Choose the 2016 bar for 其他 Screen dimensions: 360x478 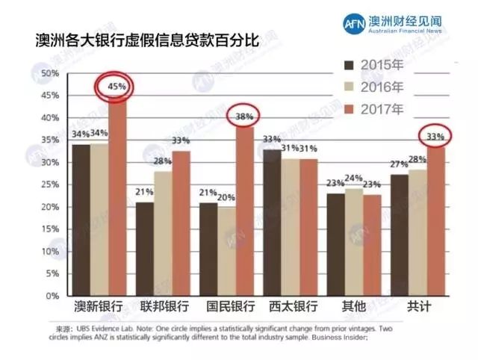tap(354, 242)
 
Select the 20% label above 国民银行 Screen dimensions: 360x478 tap(226, 197)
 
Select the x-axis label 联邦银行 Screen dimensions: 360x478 tap(163, 307)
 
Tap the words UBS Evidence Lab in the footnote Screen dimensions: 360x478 tap(106, 329)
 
